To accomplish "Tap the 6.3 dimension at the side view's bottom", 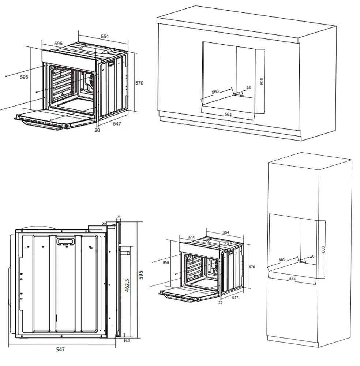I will [x=128, y=341].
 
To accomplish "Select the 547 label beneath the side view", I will [x=60, y=350].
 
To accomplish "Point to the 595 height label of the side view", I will [x=141, y=275].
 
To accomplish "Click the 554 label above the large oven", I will [x=105, y=36].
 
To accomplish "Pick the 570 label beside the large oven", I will [x=139, y=83].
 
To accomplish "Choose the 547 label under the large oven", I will [x=117, y=124].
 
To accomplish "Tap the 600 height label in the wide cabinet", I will [x=262, y=81].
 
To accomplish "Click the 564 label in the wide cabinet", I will [x=228, y=115].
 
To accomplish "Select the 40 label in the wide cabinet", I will [x=249, y=87].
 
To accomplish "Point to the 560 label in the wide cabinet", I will [x=215, y=91].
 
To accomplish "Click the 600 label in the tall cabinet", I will [x=323, y=249].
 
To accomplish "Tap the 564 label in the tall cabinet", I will [x=292, y=279].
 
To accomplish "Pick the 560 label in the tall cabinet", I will [x=282, y=259].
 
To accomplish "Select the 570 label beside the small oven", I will [x=252, y=267].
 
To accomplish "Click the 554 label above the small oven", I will [x=226, y=232].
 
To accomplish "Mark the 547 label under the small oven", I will [x=235, y=298].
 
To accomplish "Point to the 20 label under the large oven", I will [x=97, y=130].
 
